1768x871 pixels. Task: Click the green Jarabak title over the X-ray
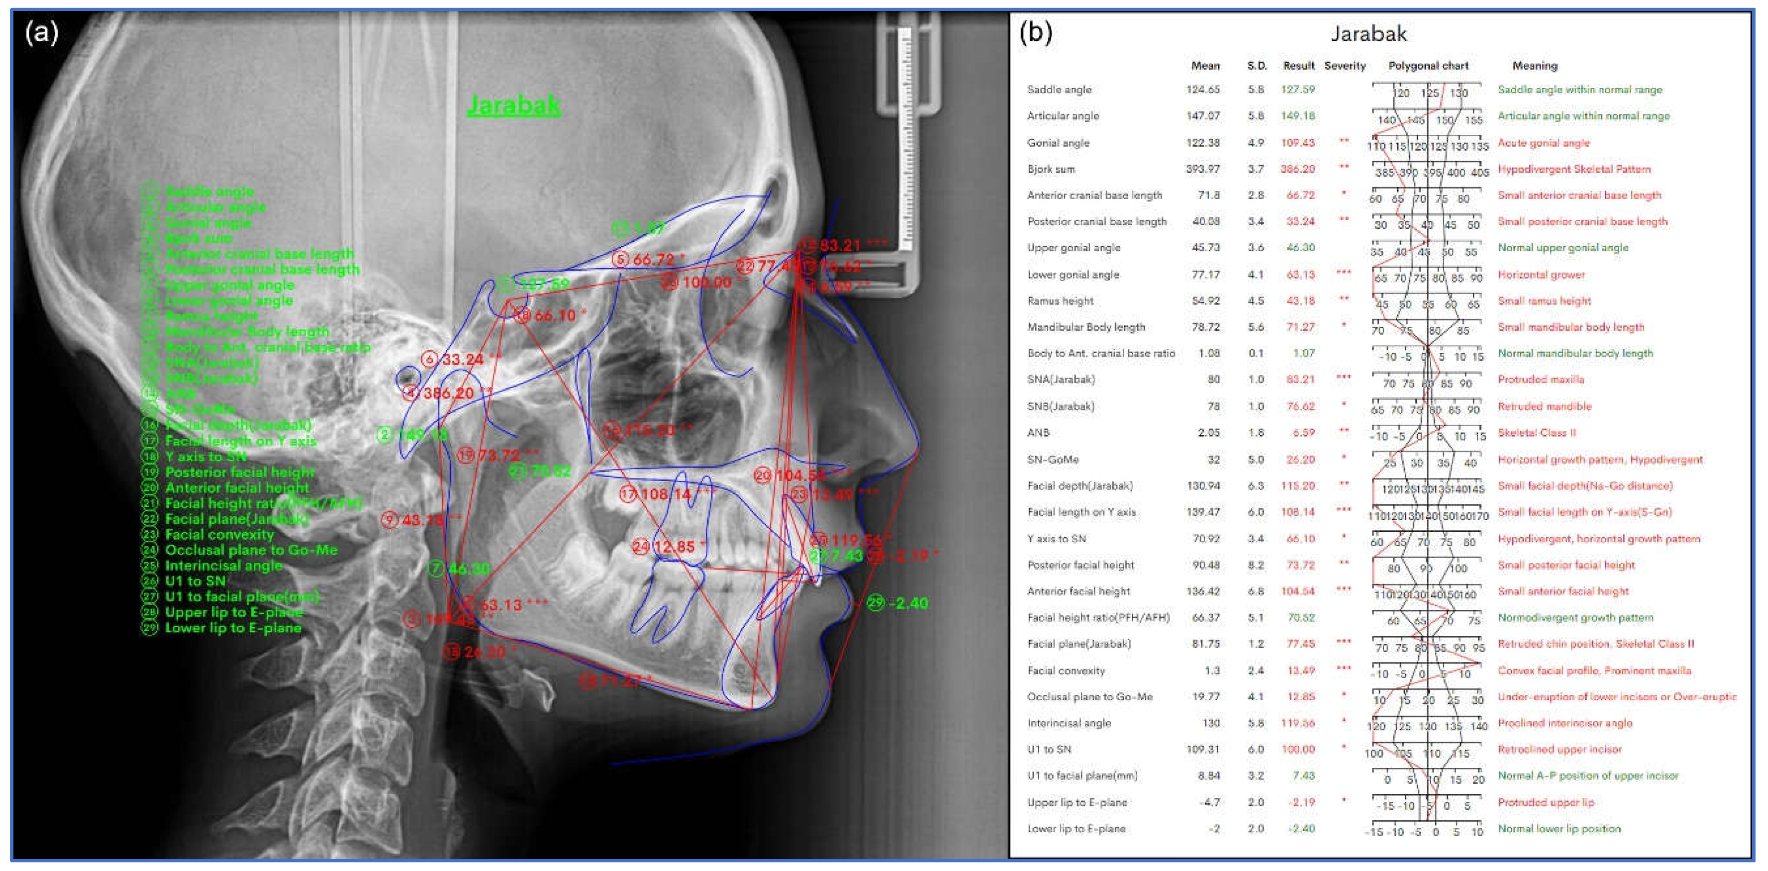(513, 105)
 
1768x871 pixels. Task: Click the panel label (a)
(41, 32)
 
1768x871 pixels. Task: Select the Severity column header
(1344, 66)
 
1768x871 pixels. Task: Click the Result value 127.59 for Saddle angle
(1298, 89)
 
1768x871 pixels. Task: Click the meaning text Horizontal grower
(1541, 274)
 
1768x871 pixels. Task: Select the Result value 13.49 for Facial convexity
(1299, 670)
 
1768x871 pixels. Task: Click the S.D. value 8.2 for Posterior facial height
(1256, 565)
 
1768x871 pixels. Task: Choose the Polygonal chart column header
(1428, 66)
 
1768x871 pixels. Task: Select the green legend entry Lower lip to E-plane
(233, 628)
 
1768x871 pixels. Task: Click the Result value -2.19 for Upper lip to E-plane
(1299, 802)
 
